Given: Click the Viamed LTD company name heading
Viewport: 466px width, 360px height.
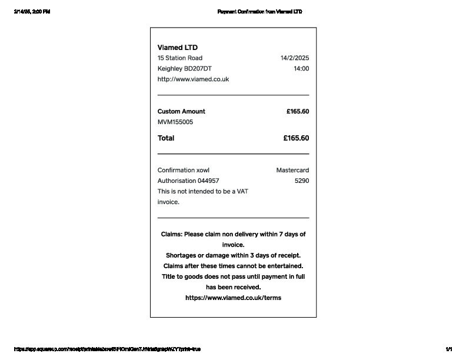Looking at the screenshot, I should [178, 47].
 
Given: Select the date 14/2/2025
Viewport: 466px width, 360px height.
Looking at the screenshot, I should [295, 58].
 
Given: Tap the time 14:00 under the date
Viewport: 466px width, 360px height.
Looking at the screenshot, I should [301, 69].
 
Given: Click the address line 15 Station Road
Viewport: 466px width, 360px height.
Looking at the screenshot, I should [180, 58].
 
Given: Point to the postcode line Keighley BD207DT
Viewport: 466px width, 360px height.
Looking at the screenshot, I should [185, 69].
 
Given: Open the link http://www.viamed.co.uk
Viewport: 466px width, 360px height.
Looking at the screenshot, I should [193, 79].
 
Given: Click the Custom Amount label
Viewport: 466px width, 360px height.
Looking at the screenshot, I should [181, 112].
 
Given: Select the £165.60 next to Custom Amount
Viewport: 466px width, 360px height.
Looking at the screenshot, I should [298, 112].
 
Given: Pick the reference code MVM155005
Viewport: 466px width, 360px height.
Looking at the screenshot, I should [175, 122].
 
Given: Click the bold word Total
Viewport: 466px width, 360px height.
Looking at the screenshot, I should [166, 138].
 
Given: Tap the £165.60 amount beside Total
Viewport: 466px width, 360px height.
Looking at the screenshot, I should [296, 138].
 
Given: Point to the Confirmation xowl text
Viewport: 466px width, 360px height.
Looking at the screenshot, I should [184, 171].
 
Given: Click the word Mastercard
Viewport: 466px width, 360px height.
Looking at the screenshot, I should [292, 171].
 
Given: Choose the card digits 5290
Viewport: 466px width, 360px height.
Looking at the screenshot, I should [302, 181].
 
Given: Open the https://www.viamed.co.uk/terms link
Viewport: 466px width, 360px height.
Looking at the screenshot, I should [233, 298].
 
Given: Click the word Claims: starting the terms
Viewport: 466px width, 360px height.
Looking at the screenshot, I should [171, 234].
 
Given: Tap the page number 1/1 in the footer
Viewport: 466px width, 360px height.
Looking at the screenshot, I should [449, 349].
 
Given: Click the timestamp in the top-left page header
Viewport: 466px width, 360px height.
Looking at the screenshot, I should [32, 12].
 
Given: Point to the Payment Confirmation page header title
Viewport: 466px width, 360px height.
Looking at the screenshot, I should [259, 12].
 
